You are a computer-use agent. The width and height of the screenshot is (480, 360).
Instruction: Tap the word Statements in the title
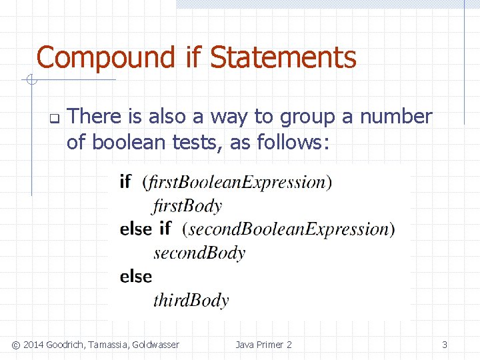[x=283, y=57]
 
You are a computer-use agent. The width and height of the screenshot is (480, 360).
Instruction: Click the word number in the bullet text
[x=396, y=117]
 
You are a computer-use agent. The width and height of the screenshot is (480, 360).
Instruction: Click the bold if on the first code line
[x=125, y=181]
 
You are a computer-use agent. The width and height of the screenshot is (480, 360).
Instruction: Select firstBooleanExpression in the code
[x=237, y=182]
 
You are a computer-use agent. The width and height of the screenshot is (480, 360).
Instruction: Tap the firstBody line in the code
[x=187, y=205]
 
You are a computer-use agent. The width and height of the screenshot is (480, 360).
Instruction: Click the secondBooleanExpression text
[x=289, y=229]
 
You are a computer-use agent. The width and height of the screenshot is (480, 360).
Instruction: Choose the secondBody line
[x=199, y=253]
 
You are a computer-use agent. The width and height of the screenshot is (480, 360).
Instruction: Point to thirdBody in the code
[x=191, y=300]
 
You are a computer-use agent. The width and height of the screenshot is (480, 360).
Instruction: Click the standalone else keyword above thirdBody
[x=136, y=276]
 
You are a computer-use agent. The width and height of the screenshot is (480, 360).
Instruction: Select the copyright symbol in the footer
[x=16, y=345]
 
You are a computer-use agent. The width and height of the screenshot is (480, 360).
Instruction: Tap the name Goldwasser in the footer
[x=156, y=345]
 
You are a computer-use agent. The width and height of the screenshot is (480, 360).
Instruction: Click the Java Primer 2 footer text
[x=263, y=345]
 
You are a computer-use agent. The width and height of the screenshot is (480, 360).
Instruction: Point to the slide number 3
[x=445, y=345]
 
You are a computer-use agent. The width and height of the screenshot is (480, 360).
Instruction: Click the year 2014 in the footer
[x=35, y=345]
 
